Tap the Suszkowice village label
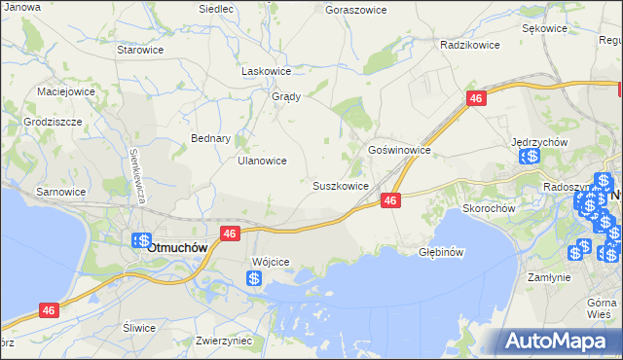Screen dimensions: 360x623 tap(340, 186)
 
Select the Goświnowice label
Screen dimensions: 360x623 tap(399, 151)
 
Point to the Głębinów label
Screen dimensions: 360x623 tap(438, 250)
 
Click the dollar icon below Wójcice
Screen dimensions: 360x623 tap(253, 279)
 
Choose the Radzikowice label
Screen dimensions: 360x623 tap(469, 45)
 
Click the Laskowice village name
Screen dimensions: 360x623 tap(267, 71)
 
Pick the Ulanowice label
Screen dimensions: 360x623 tap(262, 162)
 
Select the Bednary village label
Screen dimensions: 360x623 tap(210, 138)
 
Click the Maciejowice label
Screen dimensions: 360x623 tap(66, 91)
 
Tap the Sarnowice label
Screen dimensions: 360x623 tap(60, 193)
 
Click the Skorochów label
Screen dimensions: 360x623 tap(488, 208)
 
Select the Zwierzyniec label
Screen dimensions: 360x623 tap(224, 342)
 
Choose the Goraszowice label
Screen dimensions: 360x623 tap(355, 10)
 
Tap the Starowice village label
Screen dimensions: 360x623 tap(138, 49)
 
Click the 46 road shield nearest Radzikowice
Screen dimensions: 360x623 tap(476, 99)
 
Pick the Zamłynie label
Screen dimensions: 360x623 tap(549, 277)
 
